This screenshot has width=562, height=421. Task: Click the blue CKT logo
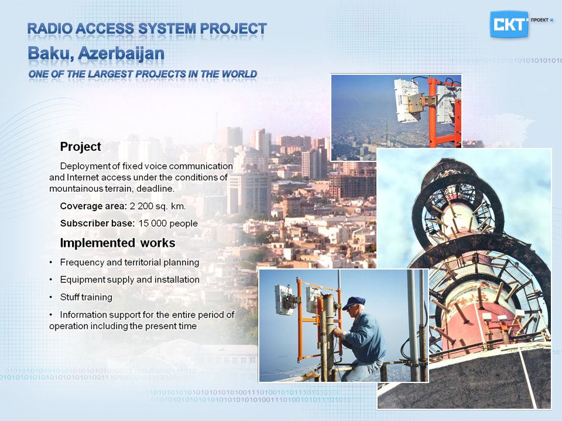tap(509, 25)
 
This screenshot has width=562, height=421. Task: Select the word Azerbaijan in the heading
tap(121, 54)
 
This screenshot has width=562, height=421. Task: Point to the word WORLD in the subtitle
tap(239, 74)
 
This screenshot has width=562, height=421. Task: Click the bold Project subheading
tap(81, 147)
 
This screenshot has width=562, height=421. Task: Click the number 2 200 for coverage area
tap(143, 206)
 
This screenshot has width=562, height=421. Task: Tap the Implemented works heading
tap(118, 243)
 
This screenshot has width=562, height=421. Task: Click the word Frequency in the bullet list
tap(82, 263)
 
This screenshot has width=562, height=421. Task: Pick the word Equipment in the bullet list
tap(83, 280)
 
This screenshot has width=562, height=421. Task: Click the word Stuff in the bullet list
tap(69, 297)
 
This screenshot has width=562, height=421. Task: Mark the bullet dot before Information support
tap(51, 315)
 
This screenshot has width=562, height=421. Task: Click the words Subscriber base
tap(98, 223)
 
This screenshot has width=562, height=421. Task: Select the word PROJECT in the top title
tap(234, 29)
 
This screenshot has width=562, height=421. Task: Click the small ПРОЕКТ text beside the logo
tap(540, 20)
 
